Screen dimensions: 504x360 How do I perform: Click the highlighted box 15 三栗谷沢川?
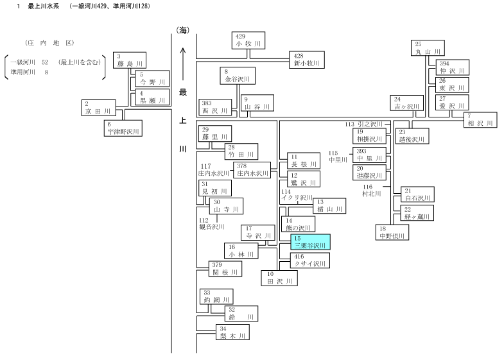(x=311, y=242)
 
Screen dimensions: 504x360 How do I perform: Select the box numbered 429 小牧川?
(x=248, y=40)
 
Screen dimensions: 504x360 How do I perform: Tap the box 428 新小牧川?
(x=307, y=60)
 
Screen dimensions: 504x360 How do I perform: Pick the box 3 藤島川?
(x=130, y=60)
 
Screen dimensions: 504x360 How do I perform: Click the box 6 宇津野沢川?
(x=123, y=128)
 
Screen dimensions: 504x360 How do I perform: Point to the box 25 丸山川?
(x=428, y=48)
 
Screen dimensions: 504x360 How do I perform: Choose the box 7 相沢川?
(x=480, y=120)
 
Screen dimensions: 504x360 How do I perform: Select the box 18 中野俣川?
(x=392, y=232)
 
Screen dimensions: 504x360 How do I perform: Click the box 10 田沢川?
(x=279, y=278)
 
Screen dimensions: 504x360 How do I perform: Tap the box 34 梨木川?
(x=232, y=332)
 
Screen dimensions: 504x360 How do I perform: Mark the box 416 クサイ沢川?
(x=310, y=261)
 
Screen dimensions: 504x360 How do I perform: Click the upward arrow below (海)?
(x=183, y=64)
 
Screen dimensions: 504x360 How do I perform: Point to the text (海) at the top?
(x=182, y=31)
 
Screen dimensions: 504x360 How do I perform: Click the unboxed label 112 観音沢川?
(x=211, y=223)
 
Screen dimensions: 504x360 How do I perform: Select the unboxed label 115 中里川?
(x=338, y=157)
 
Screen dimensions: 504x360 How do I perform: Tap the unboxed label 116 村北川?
(x=372, y=191)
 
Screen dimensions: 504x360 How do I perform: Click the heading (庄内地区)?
(x=50, y=43)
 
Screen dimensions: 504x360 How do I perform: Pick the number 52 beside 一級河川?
(x=45, y=62)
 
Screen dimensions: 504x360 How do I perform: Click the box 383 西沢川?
(x=215, y=107)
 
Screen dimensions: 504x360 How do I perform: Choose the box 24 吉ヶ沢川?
(x=406, y=103)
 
